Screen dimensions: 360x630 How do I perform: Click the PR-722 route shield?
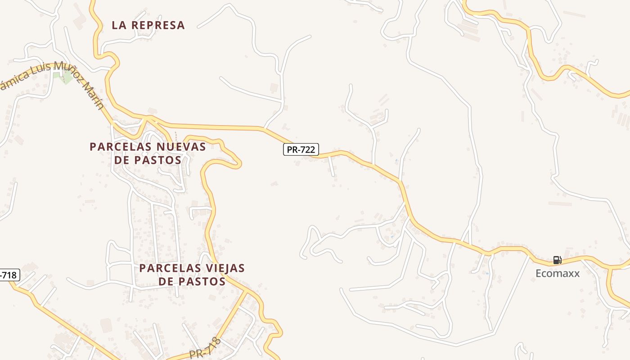pyautogui.click(x=301, y=149)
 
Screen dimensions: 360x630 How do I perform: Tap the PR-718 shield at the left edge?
pyautogui.click(x=9, y=275)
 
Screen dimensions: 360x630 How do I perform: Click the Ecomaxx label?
pyautogui.click(x=558, y=273)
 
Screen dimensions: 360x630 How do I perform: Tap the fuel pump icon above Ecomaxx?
pyautogui.click(x=557, y=260)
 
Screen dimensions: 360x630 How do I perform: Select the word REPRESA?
pyautogui.click(x=157, y=26)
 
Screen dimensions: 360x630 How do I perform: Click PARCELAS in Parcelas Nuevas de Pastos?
pyautogui.click(x=120, y=147)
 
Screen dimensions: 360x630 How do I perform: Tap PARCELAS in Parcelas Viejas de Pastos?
pyautogui.click(x=170, y=268)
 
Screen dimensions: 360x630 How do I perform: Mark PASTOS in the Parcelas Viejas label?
pyautogui.click(x=202, y=282)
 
